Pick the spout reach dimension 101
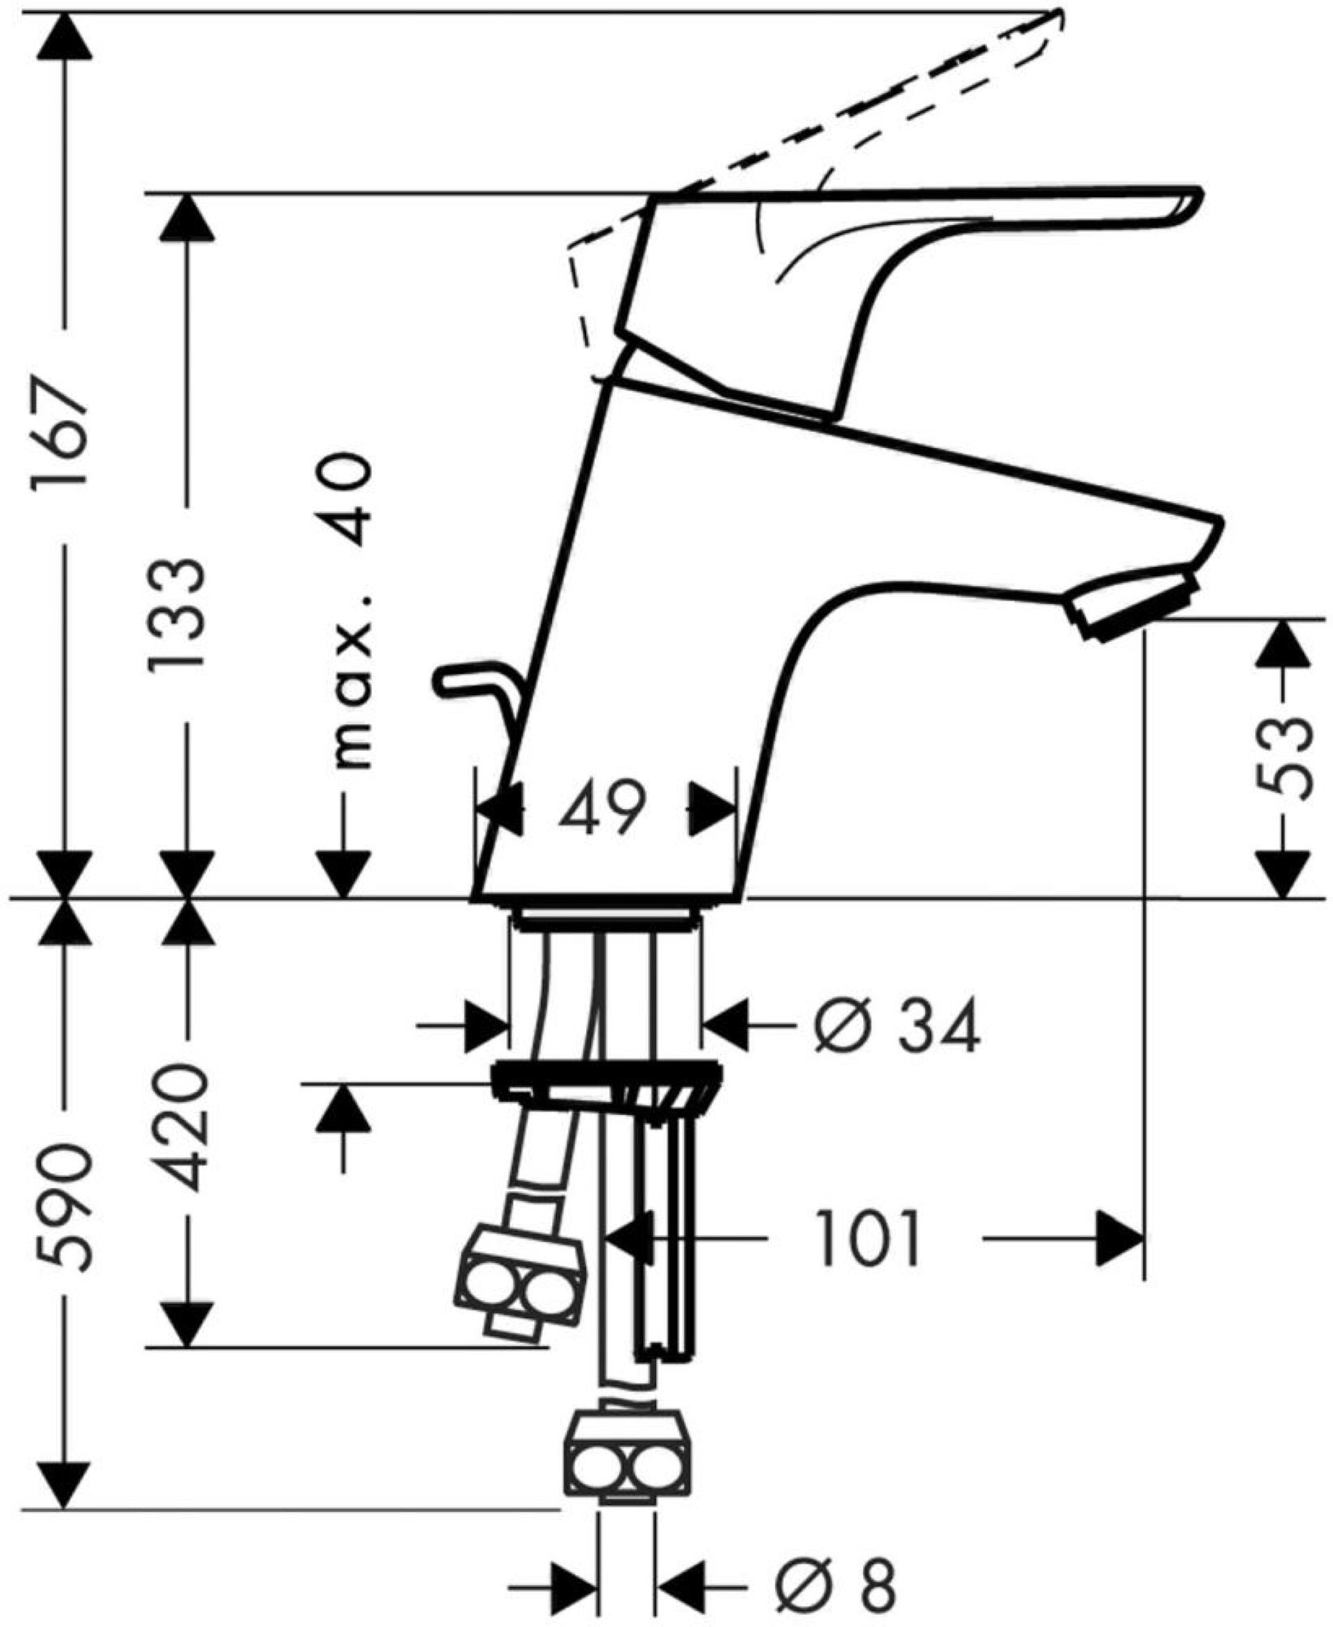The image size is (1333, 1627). coord(868,1238)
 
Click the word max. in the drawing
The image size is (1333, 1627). coord(351,684)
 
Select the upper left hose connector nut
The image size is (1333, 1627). coord(520,1278)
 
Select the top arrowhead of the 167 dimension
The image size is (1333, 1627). coord(63,35)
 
